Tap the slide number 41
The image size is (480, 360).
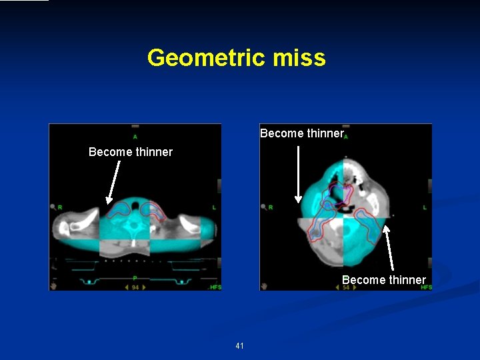click(239, 346)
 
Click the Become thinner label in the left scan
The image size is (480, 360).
click(131, 152)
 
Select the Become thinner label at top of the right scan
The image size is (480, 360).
click(301, 133)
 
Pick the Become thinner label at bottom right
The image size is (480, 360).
click(383, 280)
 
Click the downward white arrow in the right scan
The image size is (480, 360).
click(297, 174)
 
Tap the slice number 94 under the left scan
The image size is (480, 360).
click(135, 287)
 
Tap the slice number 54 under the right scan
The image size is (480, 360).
click(346, 287)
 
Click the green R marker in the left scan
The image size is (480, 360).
click(61, 207)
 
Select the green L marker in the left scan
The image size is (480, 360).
click(213, 207)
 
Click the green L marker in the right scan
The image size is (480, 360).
click(424, 207)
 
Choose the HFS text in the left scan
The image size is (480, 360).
click(215, 287)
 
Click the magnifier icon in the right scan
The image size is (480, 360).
click(263, 207)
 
